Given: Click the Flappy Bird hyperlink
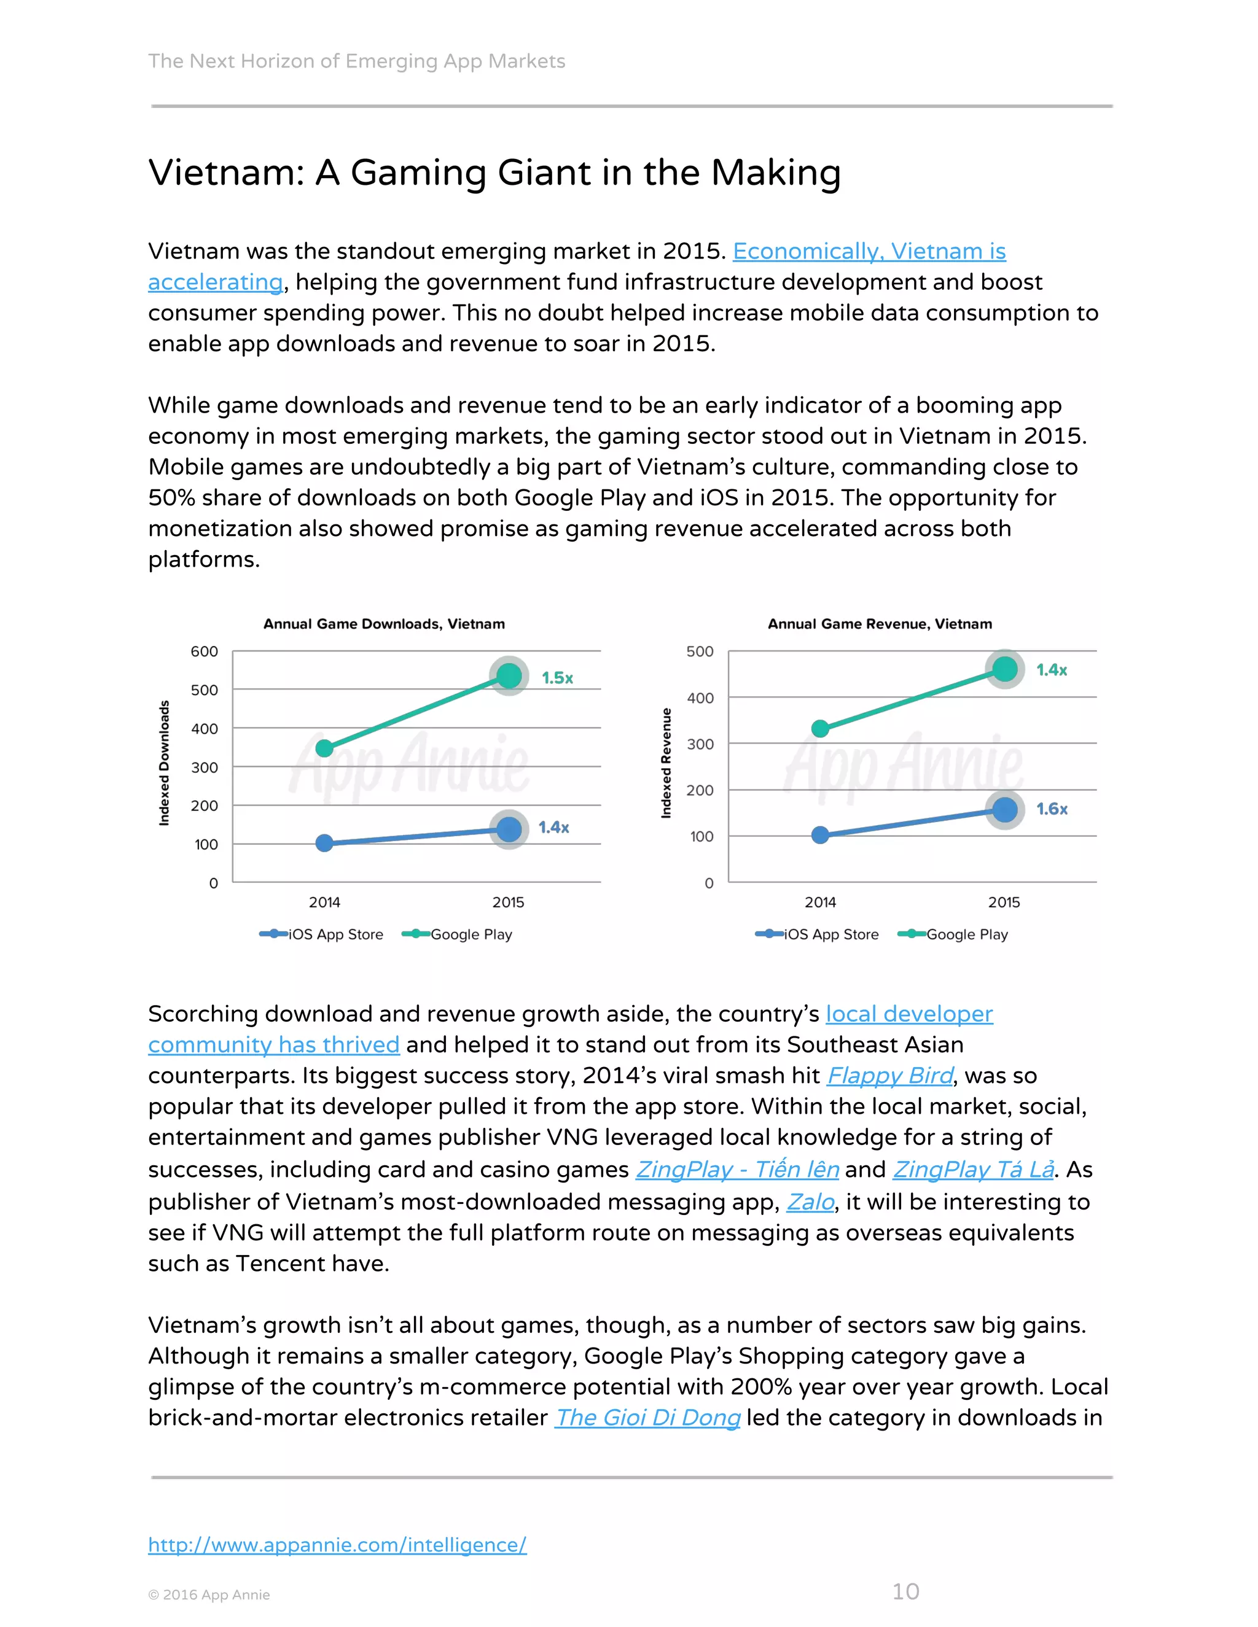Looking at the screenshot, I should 890,1076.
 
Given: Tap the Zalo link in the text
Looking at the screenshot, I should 810,1202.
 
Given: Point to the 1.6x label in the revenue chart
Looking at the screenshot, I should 1052,809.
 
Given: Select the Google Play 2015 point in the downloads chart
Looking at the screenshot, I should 509,676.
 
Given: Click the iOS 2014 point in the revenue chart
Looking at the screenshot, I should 820,835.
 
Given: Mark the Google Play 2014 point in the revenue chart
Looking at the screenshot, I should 820,729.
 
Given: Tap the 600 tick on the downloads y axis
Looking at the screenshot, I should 204,652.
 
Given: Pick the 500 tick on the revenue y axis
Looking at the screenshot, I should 700,652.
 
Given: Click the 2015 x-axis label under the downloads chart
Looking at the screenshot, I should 508,902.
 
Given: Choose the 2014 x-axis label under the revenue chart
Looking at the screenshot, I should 820,902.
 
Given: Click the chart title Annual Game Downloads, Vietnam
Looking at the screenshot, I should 384,624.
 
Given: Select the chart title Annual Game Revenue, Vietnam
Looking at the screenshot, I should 880,624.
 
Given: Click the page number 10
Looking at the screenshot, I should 905,1591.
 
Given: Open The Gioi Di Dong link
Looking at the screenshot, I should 647,1417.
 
